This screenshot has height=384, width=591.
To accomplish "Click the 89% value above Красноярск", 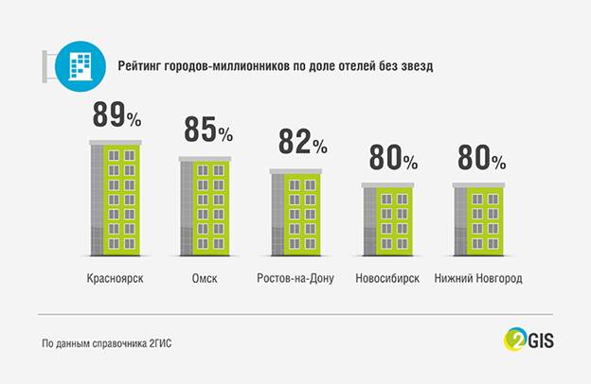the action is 116,114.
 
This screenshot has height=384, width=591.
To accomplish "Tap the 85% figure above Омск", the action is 208,130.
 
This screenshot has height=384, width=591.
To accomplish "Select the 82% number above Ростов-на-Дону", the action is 303,142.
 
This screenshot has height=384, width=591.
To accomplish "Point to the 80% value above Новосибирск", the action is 393,157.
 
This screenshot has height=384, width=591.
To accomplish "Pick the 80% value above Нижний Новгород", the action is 482,157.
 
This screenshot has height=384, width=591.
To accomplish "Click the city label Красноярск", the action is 115,279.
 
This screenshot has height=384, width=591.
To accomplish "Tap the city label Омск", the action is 205,279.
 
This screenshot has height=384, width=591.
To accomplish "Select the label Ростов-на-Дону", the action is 295,279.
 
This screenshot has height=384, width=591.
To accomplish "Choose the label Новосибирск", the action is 387,279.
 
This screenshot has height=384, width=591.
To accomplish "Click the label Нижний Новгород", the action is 478,279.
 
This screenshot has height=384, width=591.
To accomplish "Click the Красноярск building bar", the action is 116,198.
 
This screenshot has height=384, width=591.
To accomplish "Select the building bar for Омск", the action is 205,206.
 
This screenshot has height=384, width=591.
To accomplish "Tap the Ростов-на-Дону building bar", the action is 295,213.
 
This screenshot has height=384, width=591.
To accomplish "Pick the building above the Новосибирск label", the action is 387,219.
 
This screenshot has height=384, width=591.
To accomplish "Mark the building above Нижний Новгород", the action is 478,219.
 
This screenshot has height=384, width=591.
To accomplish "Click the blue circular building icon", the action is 81,66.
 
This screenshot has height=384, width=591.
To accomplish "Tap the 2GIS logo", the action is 528,340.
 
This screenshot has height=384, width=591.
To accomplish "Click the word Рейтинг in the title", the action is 139,66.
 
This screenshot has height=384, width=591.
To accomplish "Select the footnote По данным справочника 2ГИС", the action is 107,343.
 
